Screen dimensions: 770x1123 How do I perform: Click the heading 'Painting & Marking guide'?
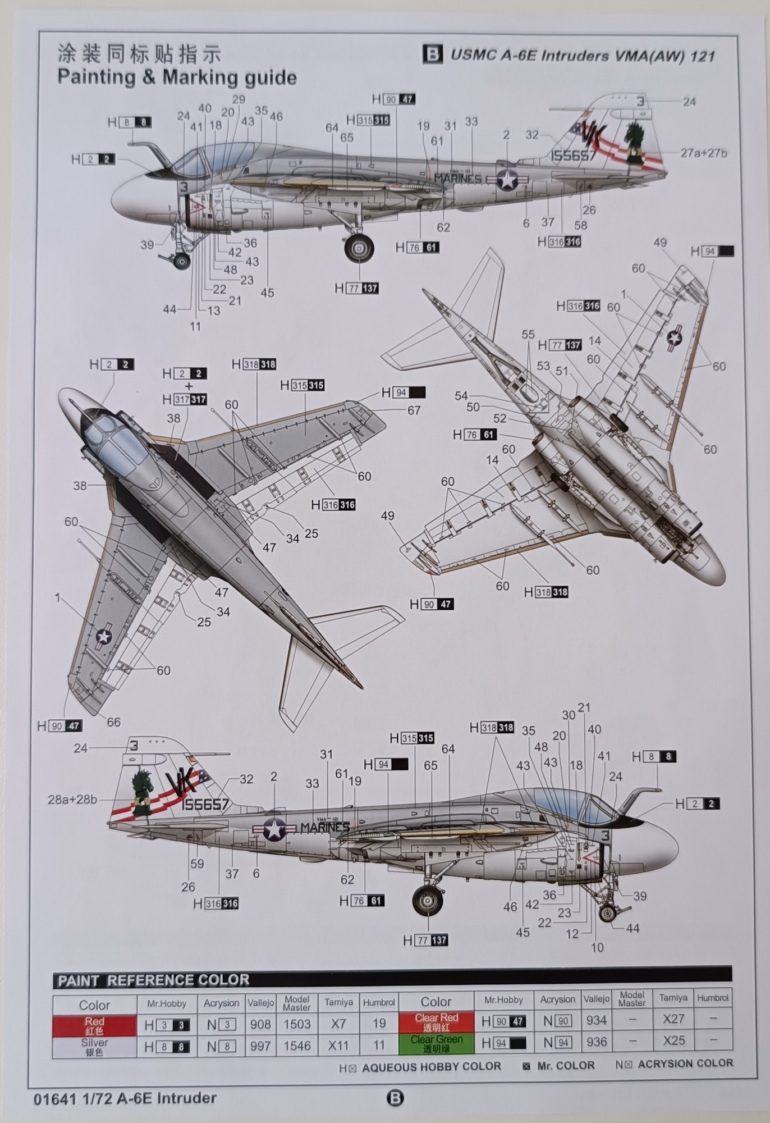tap(177, 77)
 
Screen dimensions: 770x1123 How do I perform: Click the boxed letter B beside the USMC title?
tap(432, 54)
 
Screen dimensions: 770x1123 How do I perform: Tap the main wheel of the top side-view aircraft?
tap(359, 248)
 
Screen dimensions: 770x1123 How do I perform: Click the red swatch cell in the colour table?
tap(94, 1025)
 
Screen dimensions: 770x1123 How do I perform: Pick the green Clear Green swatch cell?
tap(436, 1043)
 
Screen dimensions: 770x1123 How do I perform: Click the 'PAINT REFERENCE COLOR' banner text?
tap(153, 980)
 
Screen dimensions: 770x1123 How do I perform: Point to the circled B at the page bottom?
tap(395, 1098)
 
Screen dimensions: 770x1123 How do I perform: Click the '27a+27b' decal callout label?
tap(703, 153)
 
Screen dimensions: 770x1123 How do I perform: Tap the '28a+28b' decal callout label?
tap(72, 799)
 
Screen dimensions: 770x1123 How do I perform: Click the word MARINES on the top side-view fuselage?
tap(457, 179)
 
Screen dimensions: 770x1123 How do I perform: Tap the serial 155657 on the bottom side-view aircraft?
tap(205, 805)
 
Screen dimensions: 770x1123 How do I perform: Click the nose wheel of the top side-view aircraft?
tap(181, 261)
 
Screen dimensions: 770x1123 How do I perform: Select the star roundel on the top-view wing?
tap(104, 636)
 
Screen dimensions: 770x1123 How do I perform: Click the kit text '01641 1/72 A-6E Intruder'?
tap(125, 1098)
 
